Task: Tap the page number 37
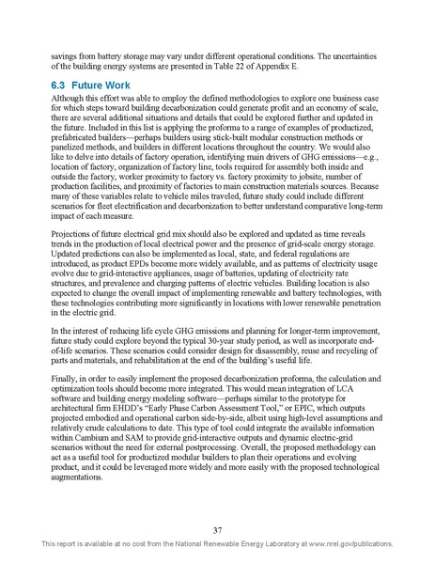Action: click(217, 530)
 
